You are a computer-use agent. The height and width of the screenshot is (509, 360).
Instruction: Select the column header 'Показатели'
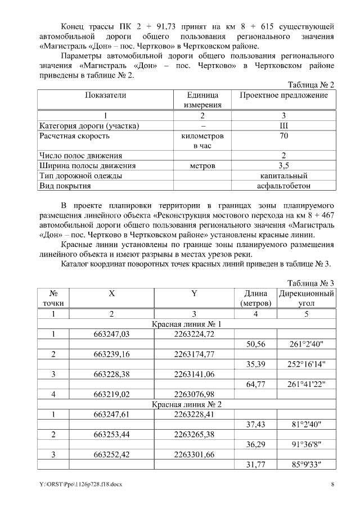(x=106, y=95)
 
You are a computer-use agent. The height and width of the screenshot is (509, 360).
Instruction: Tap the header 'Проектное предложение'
(x=283, y=95)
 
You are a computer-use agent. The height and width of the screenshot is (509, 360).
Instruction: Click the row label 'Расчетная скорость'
(x=74, y=136)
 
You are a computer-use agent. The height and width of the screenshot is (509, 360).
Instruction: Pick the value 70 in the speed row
(x=283, y=136)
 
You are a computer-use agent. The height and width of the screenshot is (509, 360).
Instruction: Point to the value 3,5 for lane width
(x=283, y=165)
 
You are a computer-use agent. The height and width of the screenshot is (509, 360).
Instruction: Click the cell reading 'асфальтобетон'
(x=283, y=185)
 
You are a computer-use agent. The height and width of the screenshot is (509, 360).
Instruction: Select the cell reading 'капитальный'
(x=283, y=175)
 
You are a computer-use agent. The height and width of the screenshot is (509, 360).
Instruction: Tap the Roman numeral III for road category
(x=283, y=125)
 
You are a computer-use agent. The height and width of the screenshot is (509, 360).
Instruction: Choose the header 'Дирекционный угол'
(x=307, y=298)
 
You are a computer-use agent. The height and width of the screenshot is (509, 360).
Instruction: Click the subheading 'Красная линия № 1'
(x=187, y=324)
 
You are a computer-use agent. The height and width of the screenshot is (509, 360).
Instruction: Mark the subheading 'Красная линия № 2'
(x=187, y=404)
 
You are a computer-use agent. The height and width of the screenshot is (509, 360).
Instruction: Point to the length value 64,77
(x=256, y=384)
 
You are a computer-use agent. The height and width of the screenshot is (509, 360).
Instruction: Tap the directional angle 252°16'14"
(x=307, y=364)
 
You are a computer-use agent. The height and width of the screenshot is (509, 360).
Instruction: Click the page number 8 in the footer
(x=332, y=484)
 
